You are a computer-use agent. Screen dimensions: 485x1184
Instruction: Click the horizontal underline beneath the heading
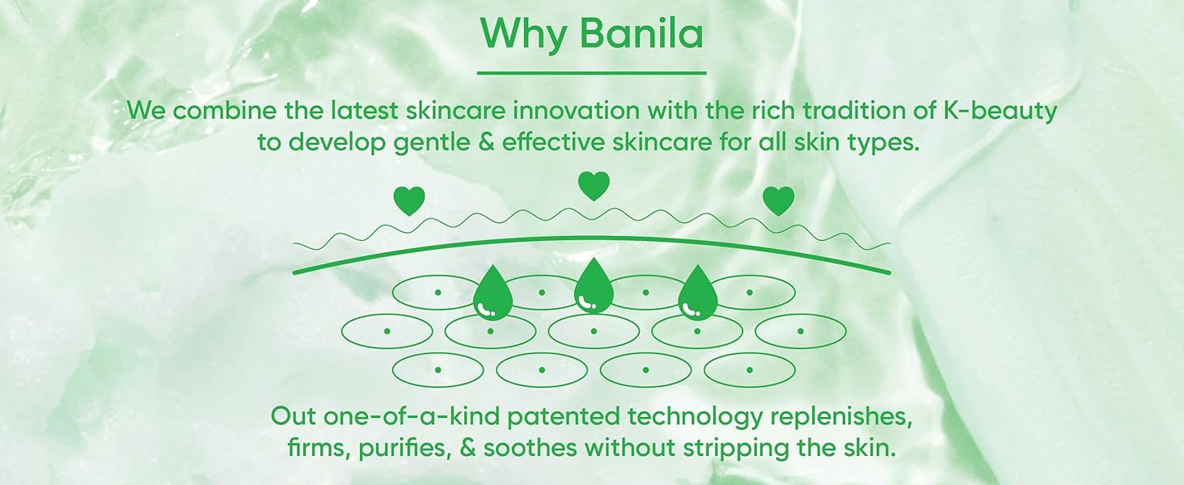click(x=591, y=73)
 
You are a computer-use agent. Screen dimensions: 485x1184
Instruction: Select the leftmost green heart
click(x=408, y=200)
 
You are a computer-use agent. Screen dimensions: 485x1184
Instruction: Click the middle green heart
click(x=594, y=186)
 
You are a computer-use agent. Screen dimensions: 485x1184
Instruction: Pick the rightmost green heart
click(x=779, y=200)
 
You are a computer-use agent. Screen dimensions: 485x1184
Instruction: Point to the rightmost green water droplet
click(x=698, y=293)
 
